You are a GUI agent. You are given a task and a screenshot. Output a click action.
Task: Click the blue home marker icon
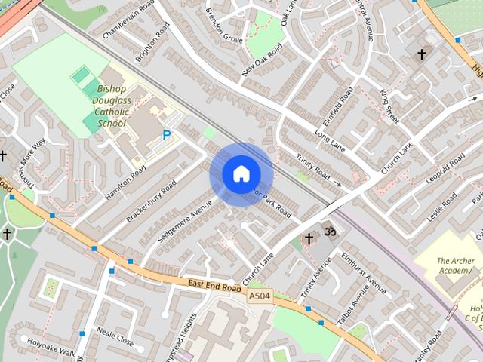click(x=241, y=174)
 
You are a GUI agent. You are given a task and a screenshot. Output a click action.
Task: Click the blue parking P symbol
click(x=166, y=136)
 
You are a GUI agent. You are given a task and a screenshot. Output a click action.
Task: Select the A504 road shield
click(x=260, y=296)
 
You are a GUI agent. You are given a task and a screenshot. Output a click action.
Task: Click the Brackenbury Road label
click(x=151, y=201)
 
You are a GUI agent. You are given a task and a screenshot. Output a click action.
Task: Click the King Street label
click(x=390, y=106)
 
